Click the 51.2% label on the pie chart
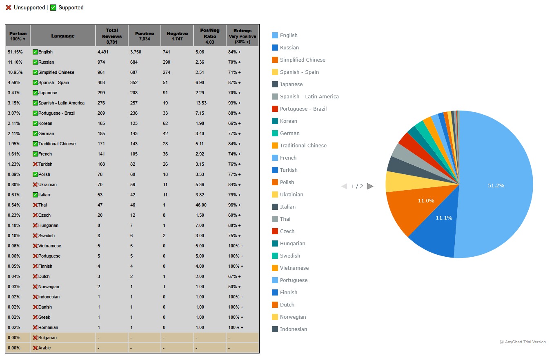pos(496,185)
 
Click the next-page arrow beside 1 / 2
pos(370,187)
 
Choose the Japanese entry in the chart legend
pos(291,84)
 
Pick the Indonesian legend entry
pos(293,329)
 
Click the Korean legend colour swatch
pos(275,121)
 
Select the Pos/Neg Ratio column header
pos(210,36)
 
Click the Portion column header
pos(18,36)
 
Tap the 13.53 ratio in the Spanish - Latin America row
pos(201,103)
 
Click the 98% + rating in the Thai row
pos(234,205)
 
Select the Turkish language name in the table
pos(45,164)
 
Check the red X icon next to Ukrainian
pos(35,185)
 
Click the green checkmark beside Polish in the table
pos(35,175)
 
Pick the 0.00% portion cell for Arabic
pos(14,348)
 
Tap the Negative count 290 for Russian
pos(167,62)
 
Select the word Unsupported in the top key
pos(29,8)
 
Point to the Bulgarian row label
pos(47,338)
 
